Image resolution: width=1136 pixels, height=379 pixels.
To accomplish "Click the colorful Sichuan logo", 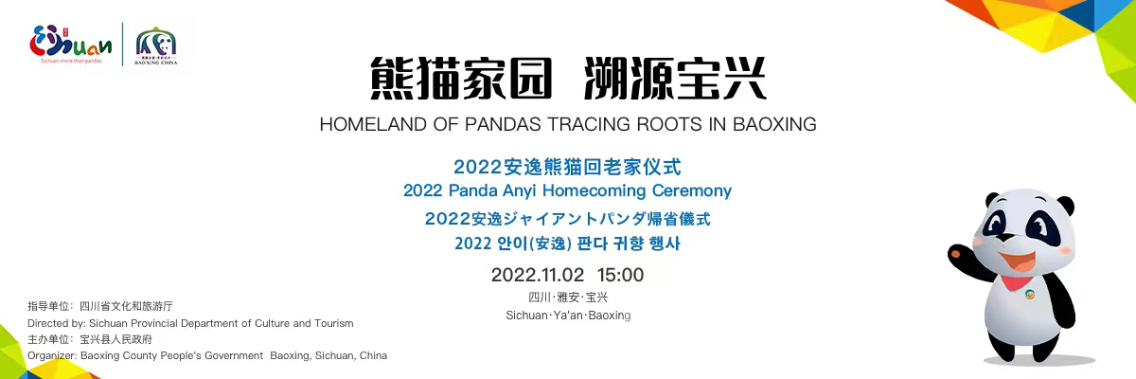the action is point(70,45).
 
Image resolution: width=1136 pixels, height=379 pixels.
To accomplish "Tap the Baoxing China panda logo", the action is point(155,45).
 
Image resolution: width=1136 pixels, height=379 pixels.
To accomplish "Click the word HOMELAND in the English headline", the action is point(373,124).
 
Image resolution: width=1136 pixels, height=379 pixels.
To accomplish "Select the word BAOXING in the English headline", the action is point(774,124).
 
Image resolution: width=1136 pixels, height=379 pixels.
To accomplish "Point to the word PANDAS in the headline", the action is point(503,124).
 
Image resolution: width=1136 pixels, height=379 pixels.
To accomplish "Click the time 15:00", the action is point(620,275).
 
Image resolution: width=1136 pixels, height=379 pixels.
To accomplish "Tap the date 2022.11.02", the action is point(538,275).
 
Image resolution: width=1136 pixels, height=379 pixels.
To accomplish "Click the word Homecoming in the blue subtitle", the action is point(594,190).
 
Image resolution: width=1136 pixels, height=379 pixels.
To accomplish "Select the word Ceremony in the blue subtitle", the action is point(692,190).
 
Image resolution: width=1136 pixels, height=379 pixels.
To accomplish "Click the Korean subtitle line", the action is point(567,244).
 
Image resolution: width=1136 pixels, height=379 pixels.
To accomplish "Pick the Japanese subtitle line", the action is point(567,219).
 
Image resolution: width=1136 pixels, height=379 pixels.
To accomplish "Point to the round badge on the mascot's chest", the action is point(1030,295).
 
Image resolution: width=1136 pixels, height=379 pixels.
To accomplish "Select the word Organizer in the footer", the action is point(53,355).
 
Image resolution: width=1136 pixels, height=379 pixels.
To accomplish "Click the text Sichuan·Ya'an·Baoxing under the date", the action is point(568,316).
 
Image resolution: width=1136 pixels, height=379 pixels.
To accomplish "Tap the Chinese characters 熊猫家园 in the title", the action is point(461,79).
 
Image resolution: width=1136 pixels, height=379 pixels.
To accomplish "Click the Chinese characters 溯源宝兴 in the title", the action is point(675,79).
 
